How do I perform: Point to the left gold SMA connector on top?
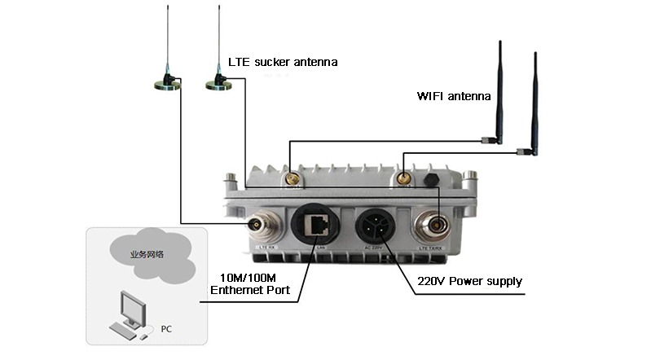point(289,177)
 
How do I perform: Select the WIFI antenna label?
point(454,96)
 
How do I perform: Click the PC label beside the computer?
point(167,331)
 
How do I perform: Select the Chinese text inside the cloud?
point(147,254)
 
